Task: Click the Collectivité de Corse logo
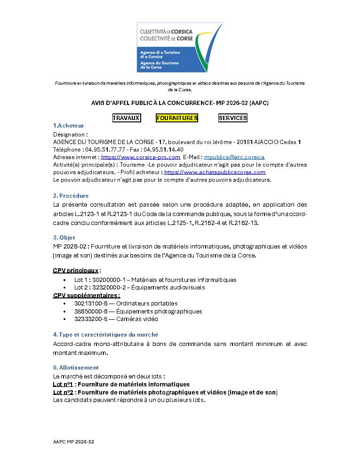click(179, 47)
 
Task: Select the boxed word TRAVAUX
click(126, 118)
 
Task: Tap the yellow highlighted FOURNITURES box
click(177, 118)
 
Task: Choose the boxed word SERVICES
click(232, 118)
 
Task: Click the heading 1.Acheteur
click(68, 126)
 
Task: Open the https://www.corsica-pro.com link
click(141, 157)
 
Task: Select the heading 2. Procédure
click(71, 195)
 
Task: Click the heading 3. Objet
click(64, 238)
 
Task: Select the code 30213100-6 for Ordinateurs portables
click(90, 304)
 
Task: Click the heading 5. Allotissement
click(76, 367)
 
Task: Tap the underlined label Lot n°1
click(63, 385)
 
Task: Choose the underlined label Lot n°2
click(63, 392)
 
